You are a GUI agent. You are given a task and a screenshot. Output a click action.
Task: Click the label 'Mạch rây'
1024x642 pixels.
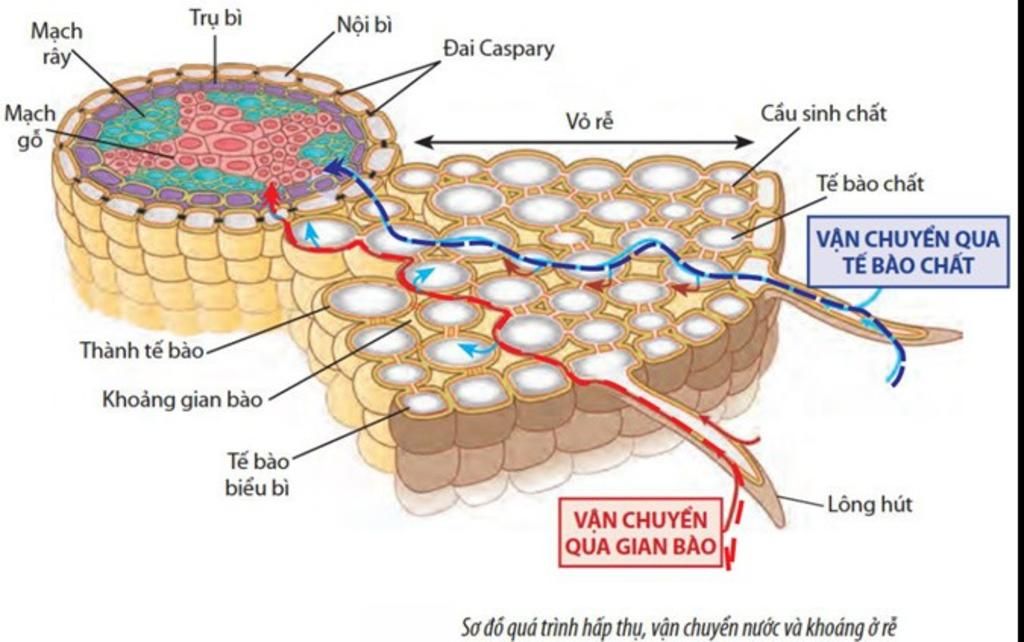tap(57, 43)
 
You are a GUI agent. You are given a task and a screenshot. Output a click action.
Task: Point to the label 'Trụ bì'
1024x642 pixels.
tap(214, 17)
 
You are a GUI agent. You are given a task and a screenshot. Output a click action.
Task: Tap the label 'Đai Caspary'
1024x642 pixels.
tap(497, 48)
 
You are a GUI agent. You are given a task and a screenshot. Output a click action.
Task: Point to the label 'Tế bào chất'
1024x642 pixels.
tap(869, 183)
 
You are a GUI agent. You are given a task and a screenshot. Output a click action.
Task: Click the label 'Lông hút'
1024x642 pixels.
tap(870, 503)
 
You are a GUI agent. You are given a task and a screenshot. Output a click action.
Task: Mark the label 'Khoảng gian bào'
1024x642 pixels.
tap(183, 400)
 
